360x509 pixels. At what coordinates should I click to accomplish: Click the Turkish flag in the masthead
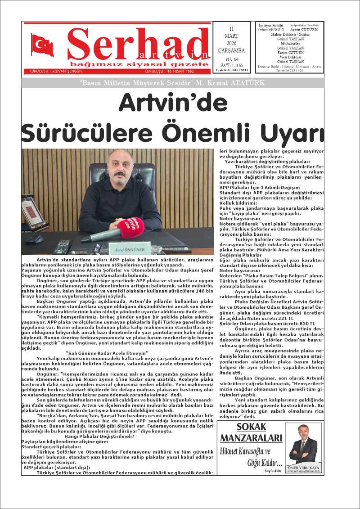click(x=43, y=45)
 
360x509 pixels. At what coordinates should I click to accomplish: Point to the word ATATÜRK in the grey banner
click(x=247, y=83)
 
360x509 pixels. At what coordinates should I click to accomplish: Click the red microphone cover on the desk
click(x=130, y=226)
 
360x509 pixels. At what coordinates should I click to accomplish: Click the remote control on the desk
click(x=62, y=247)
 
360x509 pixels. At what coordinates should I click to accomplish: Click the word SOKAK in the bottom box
click(x=251, y=427)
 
